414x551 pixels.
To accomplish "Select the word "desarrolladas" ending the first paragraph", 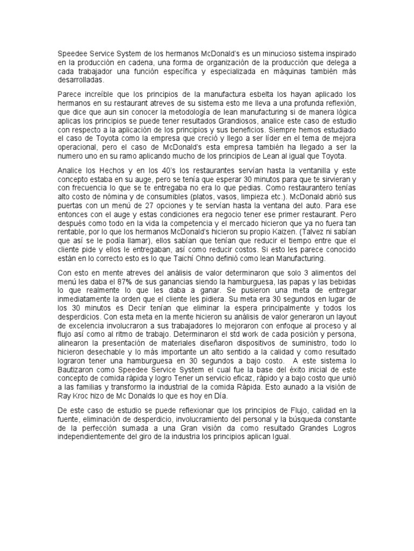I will pos(81,80).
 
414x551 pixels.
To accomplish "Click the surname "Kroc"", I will pos(85,395).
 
